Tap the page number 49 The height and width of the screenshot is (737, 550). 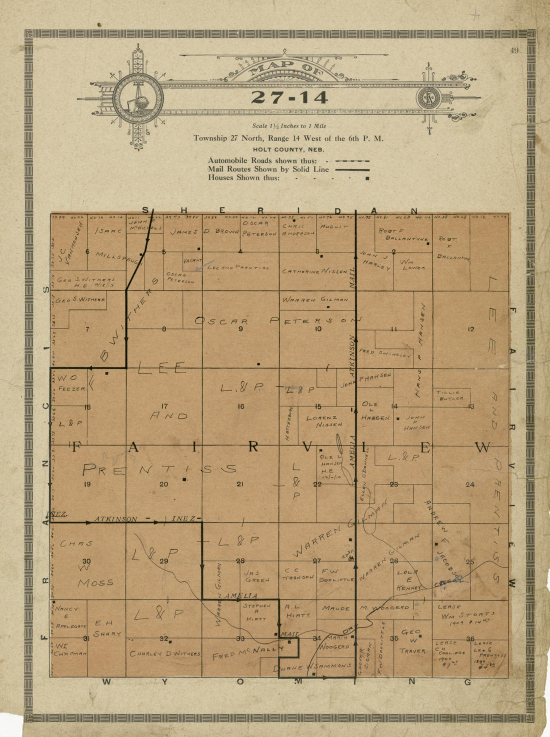(x=514, y=50)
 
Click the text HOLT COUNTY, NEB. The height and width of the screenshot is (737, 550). (x=288, y=149)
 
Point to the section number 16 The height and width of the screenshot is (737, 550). (x=241, y=406)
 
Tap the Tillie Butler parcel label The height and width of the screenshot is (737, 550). (x=451, y=395)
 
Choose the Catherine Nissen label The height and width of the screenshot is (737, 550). (x=314, y=271)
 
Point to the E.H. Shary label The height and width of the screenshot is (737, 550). (x=106, y=628)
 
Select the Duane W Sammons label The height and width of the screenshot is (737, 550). (x=312, y=666)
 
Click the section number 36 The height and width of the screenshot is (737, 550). (x=470, y=639)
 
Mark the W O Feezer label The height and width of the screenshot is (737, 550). (x=71, y=383)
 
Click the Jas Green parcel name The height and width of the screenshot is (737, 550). (x=257, y=576)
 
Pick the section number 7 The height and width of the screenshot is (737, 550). (x=87, y=329)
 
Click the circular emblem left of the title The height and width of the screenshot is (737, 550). (x=138, y=98)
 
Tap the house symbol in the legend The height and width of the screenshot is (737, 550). (x=367, y=178)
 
